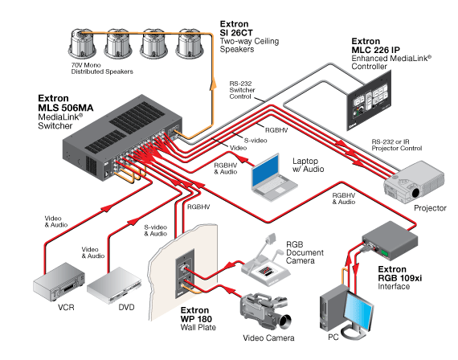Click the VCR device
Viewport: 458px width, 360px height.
pos(59,282)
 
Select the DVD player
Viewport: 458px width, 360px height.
pos(114,285)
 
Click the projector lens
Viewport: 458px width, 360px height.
pos(416,193)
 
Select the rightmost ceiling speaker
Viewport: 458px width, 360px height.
pos(190,43)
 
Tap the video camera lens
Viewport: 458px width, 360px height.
pos(284,321)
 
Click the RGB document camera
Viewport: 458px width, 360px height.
pos(265,261)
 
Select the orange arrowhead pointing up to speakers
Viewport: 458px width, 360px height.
pos(214,83)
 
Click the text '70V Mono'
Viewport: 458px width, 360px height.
pos(86,65)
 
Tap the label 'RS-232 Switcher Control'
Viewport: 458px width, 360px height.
pos(242,90)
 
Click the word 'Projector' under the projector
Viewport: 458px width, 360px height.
pos(430,208)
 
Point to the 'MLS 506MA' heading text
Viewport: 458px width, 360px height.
pos(66,108)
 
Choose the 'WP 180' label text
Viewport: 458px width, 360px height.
pos(196,319)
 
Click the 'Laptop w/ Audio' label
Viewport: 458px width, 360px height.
pos(308,165)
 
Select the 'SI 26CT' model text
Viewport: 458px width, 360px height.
pos(236,33)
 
